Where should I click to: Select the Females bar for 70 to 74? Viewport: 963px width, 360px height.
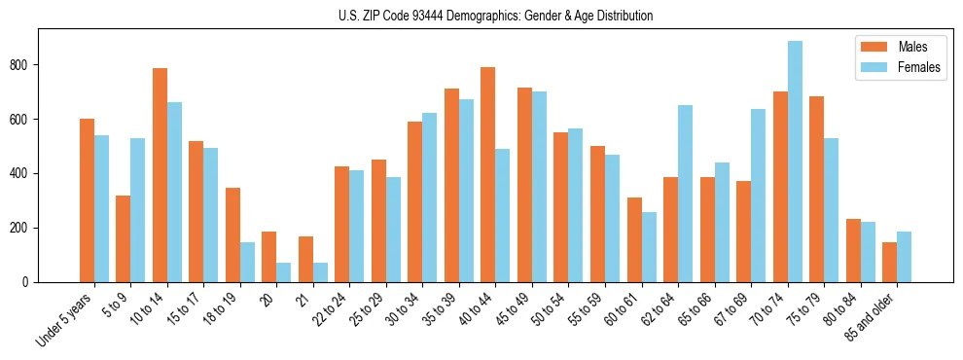[x=795, y=162]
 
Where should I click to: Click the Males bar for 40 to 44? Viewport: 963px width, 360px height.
[x=488, y=175]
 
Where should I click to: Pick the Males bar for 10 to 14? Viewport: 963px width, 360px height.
[x=160, y=175]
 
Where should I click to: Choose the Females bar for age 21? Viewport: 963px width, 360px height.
[x=320, y=272]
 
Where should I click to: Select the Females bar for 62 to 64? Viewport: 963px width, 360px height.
[x=685, y=194]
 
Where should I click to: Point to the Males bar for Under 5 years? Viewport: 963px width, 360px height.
[x=87, y=200]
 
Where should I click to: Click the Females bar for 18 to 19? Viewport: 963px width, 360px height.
[x=247, y=263]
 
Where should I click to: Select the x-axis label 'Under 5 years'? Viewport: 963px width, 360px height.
[x=65, y=319]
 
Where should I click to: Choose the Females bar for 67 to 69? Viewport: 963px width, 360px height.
[x=758, y=196]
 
